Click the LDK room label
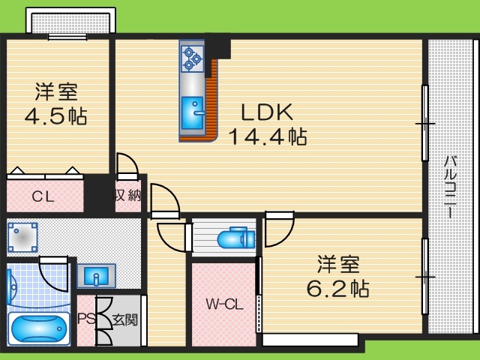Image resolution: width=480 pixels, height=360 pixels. pos(265,113)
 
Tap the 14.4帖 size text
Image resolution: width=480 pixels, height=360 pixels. pos(267,137)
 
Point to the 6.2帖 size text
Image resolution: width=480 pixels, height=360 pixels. pos(337,288)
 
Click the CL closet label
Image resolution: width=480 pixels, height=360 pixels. pos(42,197)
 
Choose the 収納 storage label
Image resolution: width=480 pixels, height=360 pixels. pos(128,196)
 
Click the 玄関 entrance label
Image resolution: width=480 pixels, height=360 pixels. pos(125,319)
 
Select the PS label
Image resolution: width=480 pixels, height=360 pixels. pos(86,319)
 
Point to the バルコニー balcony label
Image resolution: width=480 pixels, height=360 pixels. pos(450,184)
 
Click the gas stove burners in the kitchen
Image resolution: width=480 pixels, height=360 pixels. pos(192,58)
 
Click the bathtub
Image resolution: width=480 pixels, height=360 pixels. pos(38,328)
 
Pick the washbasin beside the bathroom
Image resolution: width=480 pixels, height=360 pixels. pos(95,275)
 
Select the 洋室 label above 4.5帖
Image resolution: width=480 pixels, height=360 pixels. pos(56,94)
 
